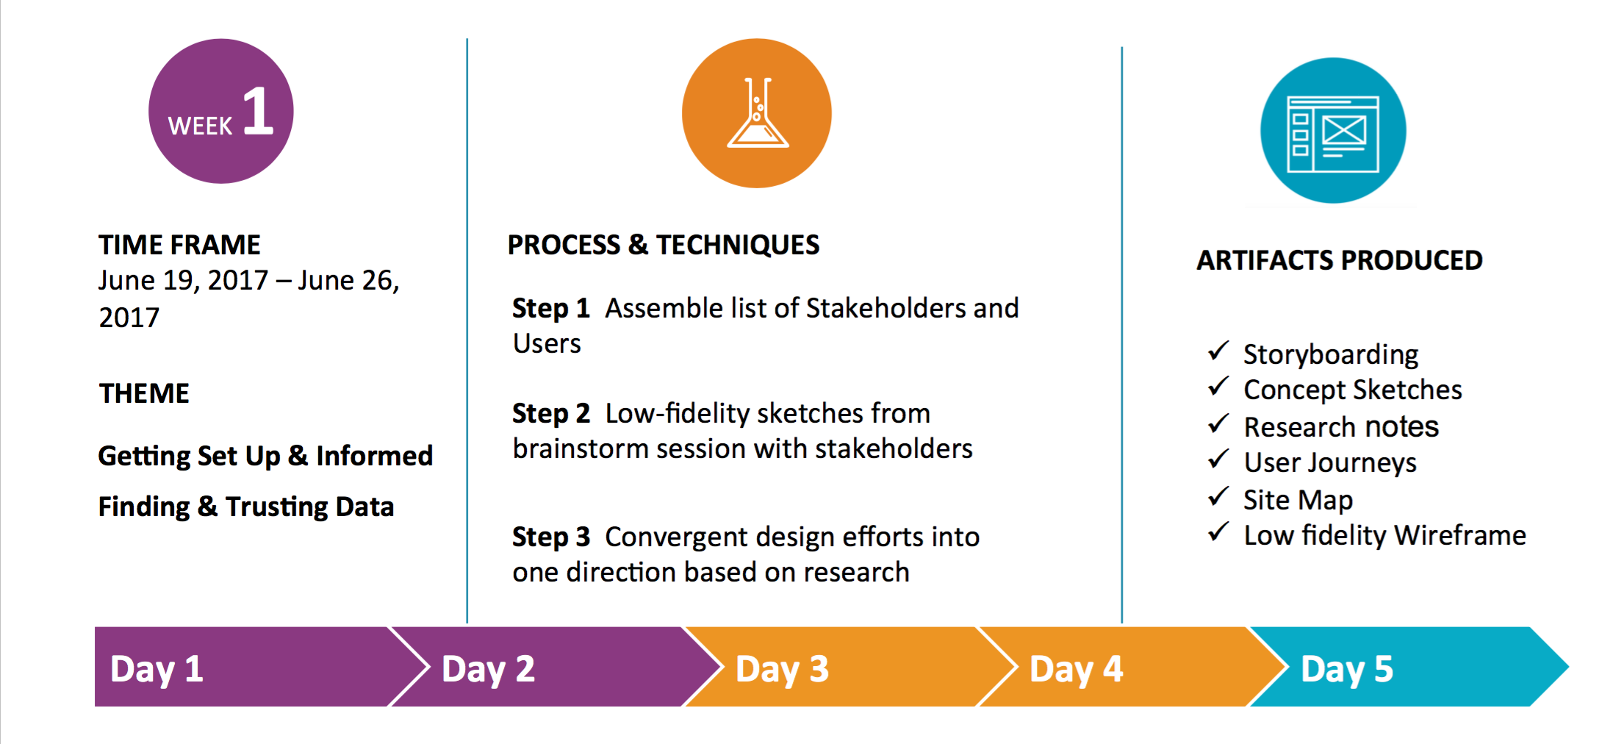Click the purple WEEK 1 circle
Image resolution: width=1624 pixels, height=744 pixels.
220,111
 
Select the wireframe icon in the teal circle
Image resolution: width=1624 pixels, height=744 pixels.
1333,134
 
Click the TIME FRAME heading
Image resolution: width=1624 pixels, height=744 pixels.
179,245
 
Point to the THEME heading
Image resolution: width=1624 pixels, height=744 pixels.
144,393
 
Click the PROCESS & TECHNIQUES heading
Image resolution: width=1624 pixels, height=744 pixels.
663,245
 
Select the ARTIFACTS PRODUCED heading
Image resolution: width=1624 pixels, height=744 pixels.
1339,260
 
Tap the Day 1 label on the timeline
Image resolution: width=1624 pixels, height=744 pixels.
157,669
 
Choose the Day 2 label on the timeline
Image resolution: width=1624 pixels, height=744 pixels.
488,669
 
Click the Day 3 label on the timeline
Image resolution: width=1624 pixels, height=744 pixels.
782,669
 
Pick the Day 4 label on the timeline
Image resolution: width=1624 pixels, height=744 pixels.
1076,669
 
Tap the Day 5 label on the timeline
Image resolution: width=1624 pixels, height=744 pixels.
1346,669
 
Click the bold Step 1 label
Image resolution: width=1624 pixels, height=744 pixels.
551,309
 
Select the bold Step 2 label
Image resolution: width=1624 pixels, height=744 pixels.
551,414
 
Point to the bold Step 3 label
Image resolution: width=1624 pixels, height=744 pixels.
551,537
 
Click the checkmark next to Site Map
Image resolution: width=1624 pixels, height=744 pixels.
1218,496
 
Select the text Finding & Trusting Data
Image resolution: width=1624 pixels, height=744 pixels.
246,507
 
